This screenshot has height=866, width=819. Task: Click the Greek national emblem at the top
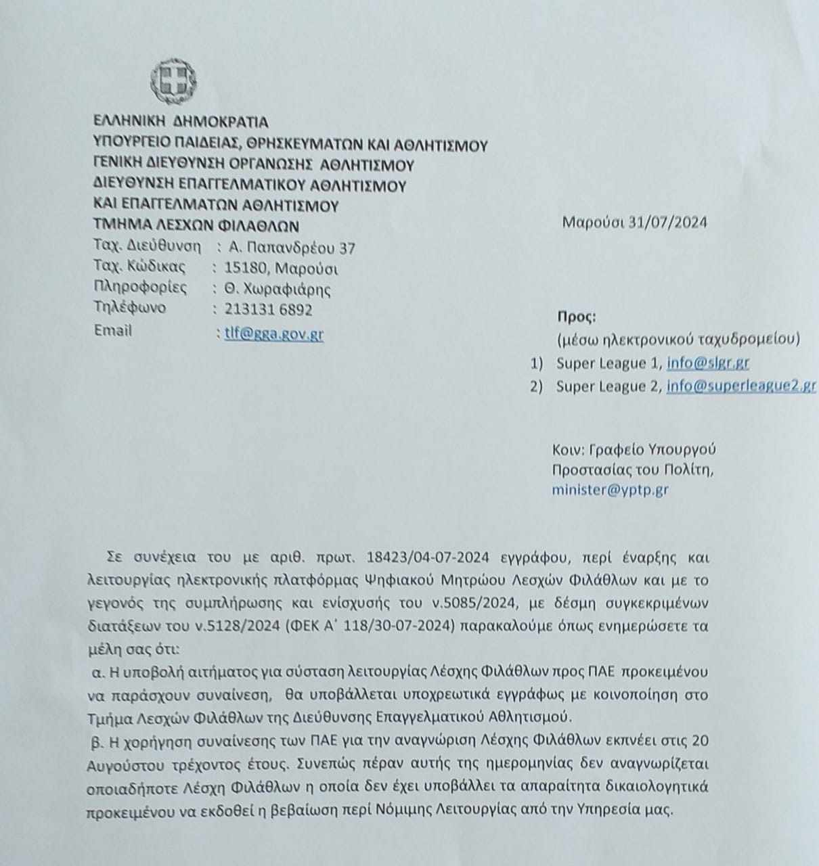[x=173, y=79]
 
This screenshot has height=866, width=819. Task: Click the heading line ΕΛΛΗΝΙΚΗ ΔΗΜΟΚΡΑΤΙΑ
[x=181, y=122]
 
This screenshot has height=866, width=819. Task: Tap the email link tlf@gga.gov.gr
[x=273, y=334]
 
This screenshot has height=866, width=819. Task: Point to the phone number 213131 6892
[x=268, y=310]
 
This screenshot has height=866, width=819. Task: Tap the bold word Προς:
[x=577, y=316]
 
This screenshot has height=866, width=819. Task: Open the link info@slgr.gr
[x=707, y=363]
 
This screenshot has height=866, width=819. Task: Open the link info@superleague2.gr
[x=740, y=386]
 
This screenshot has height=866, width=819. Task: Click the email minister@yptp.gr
[x=610, y=489]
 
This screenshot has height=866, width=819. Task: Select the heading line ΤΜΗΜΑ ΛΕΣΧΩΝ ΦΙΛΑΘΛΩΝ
[x=196, y=226]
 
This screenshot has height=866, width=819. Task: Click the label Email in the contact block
[x=113, y=331]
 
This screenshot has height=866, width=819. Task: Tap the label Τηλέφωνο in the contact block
[x=129, y=309]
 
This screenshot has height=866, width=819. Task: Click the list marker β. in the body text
[x=96, y=740]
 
